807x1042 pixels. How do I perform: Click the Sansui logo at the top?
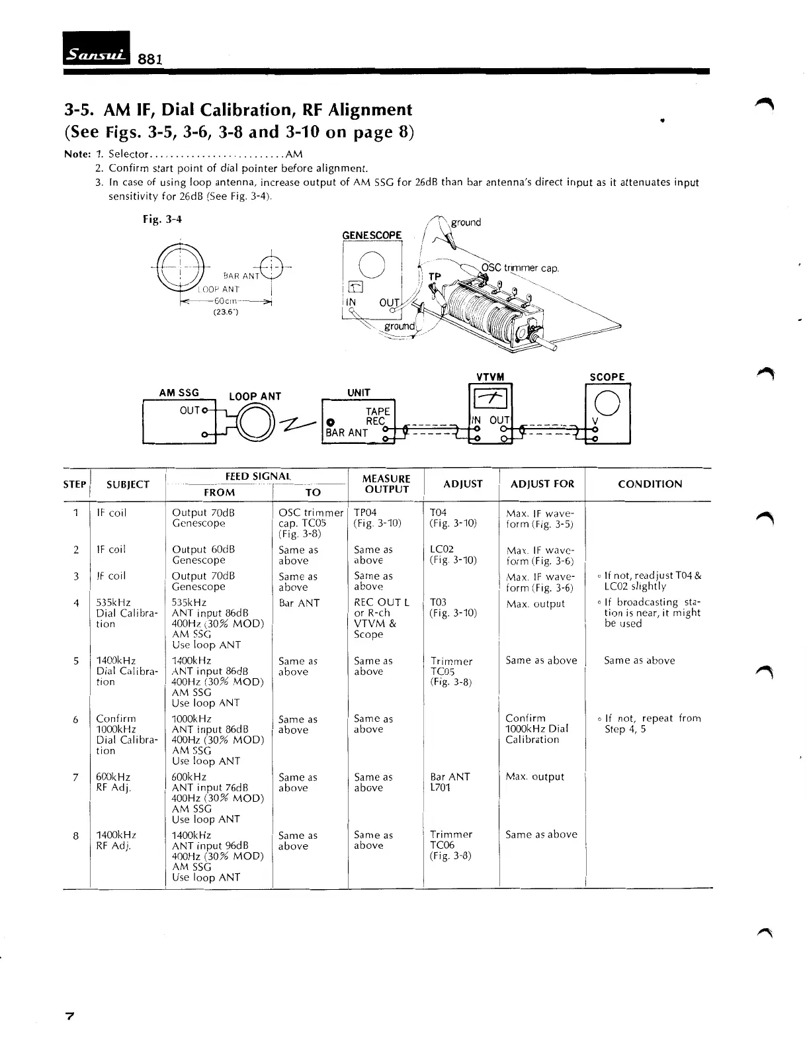pos(97,49)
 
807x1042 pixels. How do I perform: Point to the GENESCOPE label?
pos(372,236)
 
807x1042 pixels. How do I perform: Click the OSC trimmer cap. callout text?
pos(519,269)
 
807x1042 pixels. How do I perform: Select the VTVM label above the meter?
pos(490,377)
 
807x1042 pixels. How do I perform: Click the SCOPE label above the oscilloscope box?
pos(607,377)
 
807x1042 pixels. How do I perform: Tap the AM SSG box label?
pos(179,393)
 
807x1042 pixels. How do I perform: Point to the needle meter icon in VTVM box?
pos(490,399)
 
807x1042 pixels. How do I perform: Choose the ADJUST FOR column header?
pos(542,484)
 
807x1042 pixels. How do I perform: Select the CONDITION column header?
pos(650,484)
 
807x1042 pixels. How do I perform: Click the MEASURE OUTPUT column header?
pos(386,484)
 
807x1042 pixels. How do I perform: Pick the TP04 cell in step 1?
pos(366,513)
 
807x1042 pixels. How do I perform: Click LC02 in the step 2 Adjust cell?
pos(441,550)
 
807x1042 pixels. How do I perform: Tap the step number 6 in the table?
pos(76,719)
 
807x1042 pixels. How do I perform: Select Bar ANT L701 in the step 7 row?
pos(450,782)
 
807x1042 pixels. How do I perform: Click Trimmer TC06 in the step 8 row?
pos(451,840)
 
